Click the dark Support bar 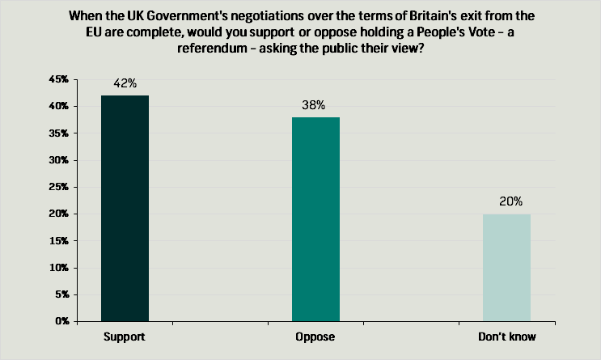click(x=125, y=208)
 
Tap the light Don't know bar click(x=506, y=267)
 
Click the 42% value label click(x=125, y=83)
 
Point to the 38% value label click(x=315, y=105)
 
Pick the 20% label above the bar click(x=506, y=201)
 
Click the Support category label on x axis click(x=125, y=336)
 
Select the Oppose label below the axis click(x=315, y=336)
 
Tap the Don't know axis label click(x=506, y=336)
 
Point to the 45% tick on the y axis click(x=58, y=79)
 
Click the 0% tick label click(x=61, y=321)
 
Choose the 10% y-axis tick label click(x=58, y=268)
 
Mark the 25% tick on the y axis click(x=58, y=187)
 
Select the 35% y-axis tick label click(x=58, y=133)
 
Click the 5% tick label click(x=61, y=294)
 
